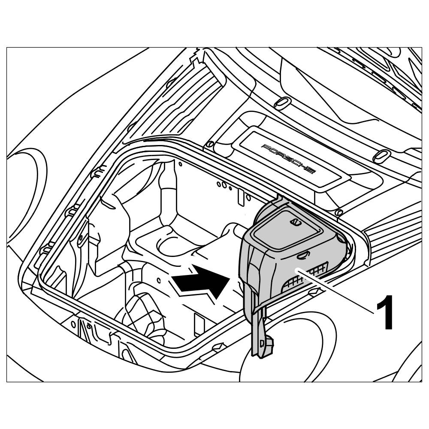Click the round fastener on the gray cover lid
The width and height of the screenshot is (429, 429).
click(x=294, y=222)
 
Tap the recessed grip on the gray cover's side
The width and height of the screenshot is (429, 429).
click(x=302, y=256)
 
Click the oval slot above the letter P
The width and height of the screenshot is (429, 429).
click(x=282, y=103)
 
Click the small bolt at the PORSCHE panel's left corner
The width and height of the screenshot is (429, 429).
click(x=210, y=145)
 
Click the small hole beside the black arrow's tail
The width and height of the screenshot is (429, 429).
click(x=159, y=281)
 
